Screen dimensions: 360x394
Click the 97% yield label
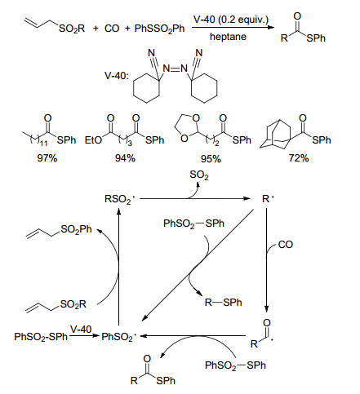(x=47, y=158)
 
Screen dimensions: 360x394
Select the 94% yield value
(x=125, y=158)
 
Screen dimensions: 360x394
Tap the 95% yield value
(x=211, y=159)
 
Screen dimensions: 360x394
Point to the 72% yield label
(x=299, y=158)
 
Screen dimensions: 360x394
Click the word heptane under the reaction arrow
(x=228, y=37)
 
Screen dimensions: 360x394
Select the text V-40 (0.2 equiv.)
(x=231, y=20)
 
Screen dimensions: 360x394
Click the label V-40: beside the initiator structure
(x=117, y=75)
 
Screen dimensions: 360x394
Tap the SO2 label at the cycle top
(x=199, y=175)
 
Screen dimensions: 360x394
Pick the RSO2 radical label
(x=118, y=199)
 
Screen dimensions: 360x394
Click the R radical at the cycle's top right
(x=268, y=199)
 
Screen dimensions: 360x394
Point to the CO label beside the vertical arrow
(x=286, y=245)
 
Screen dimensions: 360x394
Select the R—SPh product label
(x=224, y=303)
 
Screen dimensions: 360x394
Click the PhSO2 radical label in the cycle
(x=118, y=337)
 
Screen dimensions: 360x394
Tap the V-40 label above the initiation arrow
(x=81, y=330)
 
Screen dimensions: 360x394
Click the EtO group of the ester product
(x=93, y=140)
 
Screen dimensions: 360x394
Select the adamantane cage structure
(x=277, y=134)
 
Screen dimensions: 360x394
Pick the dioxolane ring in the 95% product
(x=187, y=128)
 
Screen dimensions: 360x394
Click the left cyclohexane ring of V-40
(x=147, y=88)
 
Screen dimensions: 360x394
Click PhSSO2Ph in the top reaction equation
(x=159, y=29)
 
